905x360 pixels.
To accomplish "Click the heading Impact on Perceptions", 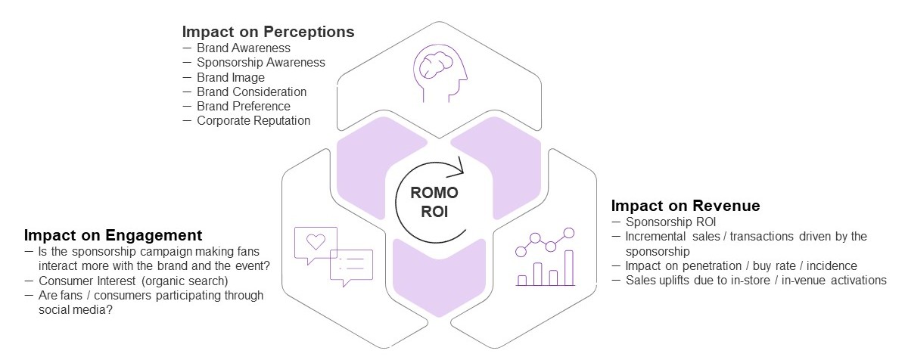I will (268, 33).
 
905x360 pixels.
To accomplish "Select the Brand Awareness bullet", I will (233, 48).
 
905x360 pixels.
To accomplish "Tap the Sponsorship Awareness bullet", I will (261, 63).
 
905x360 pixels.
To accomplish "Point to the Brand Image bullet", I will (231, 77).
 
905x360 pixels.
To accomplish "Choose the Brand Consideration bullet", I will (252, 92).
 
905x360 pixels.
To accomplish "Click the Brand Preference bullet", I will (244, 106).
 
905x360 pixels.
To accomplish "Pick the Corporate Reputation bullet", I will (253, 120).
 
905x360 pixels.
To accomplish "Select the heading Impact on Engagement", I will (113, 234).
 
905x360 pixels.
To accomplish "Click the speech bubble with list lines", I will (352, 265).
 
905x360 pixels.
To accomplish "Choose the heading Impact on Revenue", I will (686, 206).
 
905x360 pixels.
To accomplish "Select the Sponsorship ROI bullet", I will (670, 222).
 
